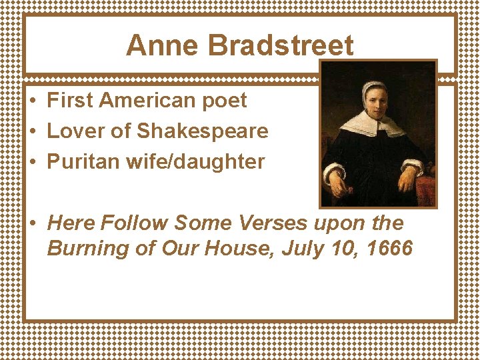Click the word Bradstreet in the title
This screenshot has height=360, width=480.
pos(281,46)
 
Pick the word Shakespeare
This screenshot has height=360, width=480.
pos(203,132)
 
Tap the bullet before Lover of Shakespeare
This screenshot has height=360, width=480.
pos(33,132)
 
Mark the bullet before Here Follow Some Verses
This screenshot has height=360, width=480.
pos(33,223)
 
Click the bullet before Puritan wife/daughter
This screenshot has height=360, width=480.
pos(33,162)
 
